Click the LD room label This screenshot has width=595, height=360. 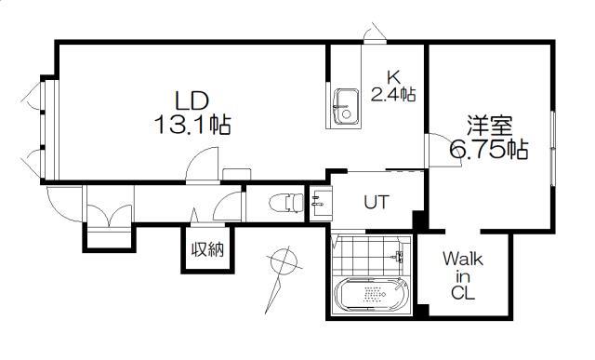pos(192,100)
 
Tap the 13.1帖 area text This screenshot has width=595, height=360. pos(192,125)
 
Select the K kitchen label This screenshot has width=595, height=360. pos(393,78)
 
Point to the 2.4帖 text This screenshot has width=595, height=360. pos(393,94)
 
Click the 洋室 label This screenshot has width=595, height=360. pos(490,126)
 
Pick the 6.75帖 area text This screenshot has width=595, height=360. pos(489,149)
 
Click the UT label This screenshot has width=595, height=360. pos(377,202)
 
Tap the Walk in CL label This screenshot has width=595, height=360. pos(463,275)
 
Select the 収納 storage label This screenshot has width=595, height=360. pos(207,250)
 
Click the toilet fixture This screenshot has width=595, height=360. pos(286,203)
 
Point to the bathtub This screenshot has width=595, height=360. pos(371,294)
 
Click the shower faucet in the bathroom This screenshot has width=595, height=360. pos(398,257)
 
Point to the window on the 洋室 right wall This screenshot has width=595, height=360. pos(553,148)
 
